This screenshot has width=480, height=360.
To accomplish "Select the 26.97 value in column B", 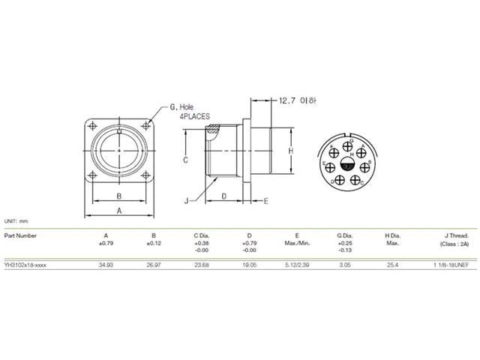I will [x=154, y=265].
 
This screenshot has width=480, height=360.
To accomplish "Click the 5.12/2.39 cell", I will [x=296, y=265].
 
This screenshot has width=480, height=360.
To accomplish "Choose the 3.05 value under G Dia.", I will [x=344, y=265].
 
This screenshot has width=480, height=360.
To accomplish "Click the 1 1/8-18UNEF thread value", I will [x=449, y=265].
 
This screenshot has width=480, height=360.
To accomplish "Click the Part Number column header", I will [x=20, y=235].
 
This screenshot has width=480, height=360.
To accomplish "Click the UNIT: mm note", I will [x=16, y=222].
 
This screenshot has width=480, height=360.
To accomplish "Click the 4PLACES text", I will [x=194, y=117].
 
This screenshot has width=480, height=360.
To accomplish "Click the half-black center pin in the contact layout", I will [x=346, y=164].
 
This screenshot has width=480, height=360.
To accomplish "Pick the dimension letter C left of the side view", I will [x=184, y=160].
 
